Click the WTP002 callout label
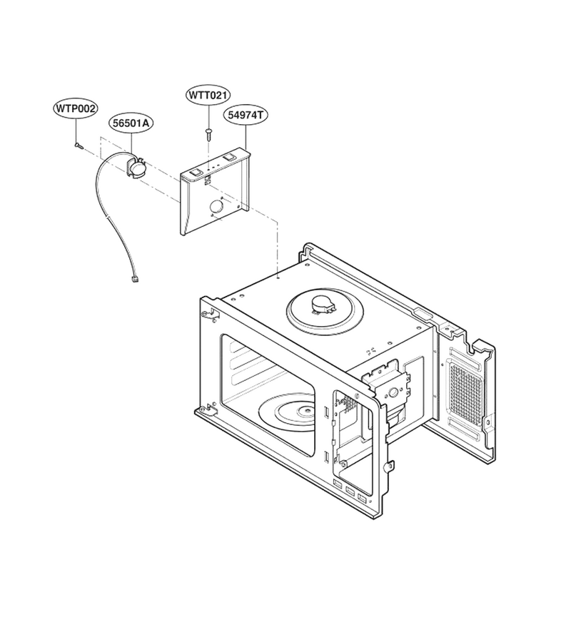tap(76, 109)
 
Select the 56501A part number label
tap(131, 123)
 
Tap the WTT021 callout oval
tap(208, 96)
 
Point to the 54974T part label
tap(245, 115)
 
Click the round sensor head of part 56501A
tap(138, 168)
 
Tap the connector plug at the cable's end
tap(134, 279)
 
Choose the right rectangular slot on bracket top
tap(228, 157)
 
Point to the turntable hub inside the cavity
tap(305, 410)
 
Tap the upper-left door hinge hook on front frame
tap(210, 314)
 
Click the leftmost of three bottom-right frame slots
tap(338, 484)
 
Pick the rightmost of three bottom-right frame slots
tap(363, 499)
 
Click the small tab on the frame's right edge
tap(390, 467)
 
